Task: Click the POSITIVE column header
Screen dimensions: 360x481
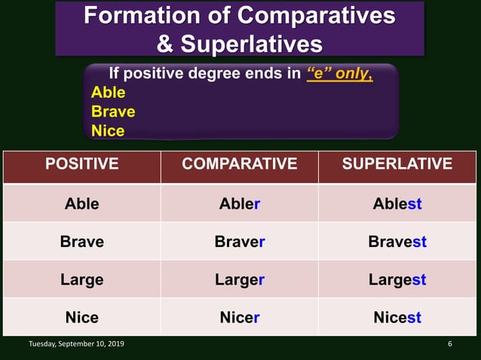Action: click(x=81, y=164)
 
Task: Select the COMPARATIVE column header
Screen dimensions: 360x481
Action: click(x=239, y=164)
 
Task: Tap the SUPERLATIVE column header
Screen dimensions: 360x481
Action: click(x=397, y=164)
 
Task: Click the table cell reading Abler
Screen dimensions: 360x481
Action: click(x=239, y=203)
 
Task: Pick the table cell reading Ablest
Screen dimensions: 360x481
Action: click(x=397, y=203)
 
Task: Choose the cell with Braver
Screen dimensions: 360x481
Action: click(x=239, y=242)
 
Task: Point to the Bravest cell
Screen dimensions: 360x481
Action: click(x=397, y=242)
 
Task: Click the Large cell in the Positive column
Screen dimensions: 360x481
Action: click(x=81, y=279)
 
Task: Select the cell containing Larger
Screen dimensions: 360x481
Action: click(x=239, y=279)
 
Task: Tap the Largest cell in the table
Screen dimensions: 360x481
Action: click(x=397, y=279)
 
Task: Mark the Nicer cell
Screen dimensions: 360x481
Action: click(x=239, y=317)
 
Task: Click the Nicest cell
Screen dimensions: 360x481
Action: click(x=397, y=317)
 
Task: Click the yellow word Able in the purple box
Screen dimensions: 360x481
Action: click(x=108, y=93)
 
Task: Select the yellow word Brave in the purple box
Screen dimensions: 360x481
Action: click(x=113, y=111)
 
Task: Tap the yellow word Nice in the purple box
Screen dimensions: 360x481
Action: click(x=108, y=130)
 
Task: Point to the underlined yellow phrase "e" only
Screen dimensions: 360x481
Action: click(x=339, y=74)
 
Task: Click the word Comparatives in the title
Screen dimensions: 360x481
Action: click(x=316, y=16)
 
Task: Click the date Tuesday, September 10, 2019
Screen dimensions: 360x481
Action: click(x=77, y=344)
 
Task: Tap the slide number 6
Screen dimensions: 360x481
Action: click(x=450, y=344)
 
